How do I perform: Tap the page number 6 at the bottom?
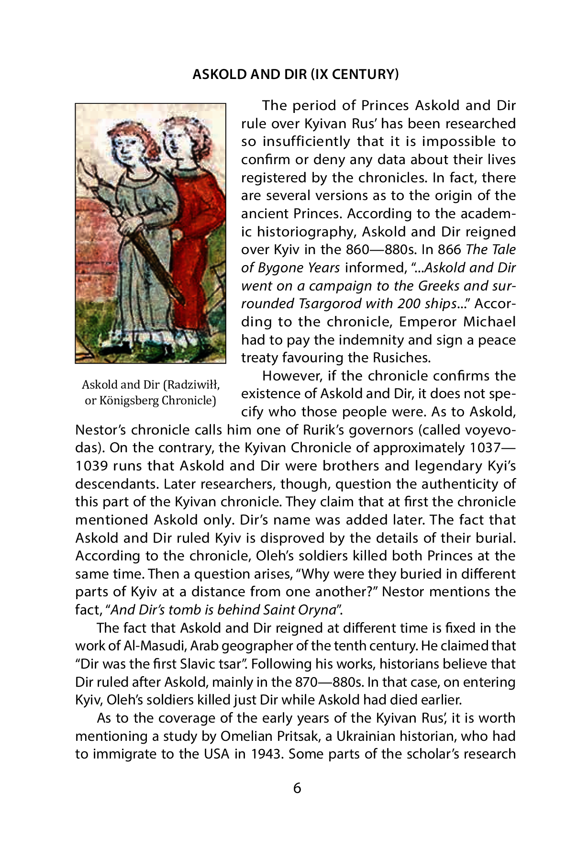click(x=297, y=788)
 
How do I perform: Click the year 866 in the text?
click(x=450, y=249)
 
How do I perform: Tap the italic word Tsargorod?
click(x=331, y=303)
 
